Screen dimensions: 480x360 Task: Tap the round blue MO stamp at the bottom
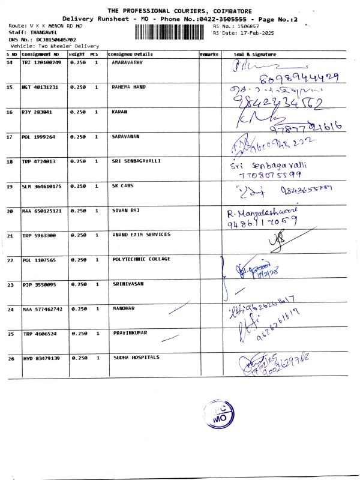click(x=218, y=414)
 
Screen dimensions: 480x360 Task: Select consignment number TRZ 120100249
click(x=41, y=63)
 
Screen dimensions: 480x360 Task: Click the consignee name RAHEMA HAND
click(x=129, y=87)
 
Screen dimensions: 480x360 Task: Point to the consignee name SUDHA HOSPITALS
click(x=136, y=358)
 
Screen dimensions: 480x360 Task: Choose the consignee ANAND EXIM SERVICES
click(x=141, y=235)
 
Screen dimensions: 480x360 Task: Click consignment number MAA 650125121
click(x=41, y=211)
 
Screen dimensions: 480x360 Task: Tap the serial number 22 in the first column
click(x=10, y=260)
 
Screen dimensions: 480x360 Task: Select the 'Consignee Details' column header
click(x=131, y=55)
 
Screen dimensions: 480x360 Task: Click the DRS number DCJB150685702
click(x=52, y=39)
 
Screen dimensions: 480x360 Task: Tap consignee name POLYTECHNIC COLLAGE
click(x=142, y=259)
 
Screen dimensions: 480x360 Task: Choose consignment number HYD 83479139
click(x=41, y=358)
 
